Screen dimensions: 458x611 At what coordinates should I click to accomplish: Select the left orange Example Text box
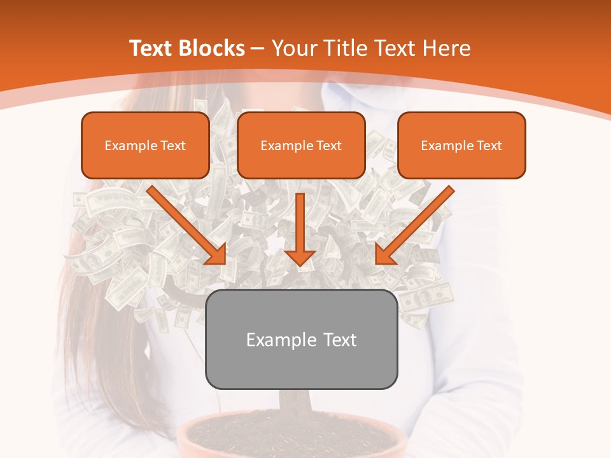[145, 145]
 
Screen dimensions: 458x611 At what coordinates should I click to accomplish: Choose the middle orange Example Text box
[301, 145]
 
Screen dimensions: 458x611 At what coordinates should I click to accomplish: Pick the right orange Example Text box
[461, 145]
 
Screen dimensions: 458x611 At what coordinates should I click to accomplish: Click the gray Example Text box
[301, 339]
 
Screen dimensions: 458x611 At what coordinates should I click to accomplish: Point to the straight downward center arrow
[300, 223]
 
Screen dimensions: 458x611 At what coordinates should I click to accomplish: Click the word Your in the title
[290, 48]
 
